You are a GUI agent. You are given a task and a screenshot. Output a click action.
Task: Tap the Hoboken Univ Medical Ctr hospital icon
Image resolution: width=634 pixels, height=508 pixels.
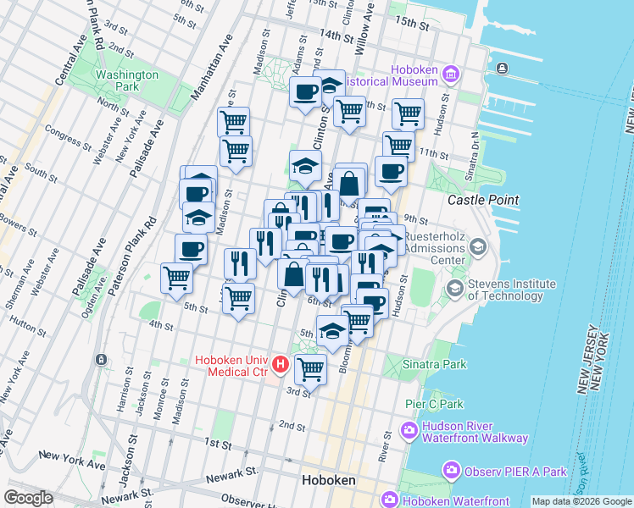pyautogui.click(x=281, y=367)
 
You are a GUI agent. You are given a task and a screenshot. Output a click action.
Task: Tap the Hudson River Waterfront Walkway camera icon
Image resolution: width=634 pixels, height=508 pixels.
pyautogui.click(x=409, y=432)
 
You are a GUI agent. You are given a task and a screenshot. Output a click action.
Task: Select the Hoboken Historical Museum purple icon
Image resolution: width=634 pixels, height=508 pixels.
pyautogui.click(x=450, y=75)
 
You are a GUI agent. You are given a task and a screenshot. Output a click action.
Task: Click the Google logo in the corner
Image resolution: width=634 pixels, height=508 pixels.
pyautogui.click(x=28, y=498)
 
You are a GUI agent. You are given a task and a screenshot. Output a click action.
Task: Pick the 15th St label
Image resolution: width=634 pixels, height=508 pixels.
pyautogui.click(x=414, y=23)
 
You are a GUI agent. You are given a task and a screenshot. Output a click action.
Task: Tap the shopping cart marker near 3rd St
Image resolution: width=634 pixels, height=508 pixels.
pyautogui.click(x=311, y=369)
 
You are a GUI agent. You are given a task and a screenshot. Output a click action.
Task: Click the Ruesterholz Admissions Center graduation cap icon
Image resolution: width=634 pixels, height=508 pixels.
pyautogui.click(x=478, y=247)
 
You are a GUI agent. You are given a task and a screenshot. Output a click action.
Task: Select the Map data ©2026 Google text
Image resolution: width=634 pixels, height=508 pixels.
pyautogui.click(x=581, y=501)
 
